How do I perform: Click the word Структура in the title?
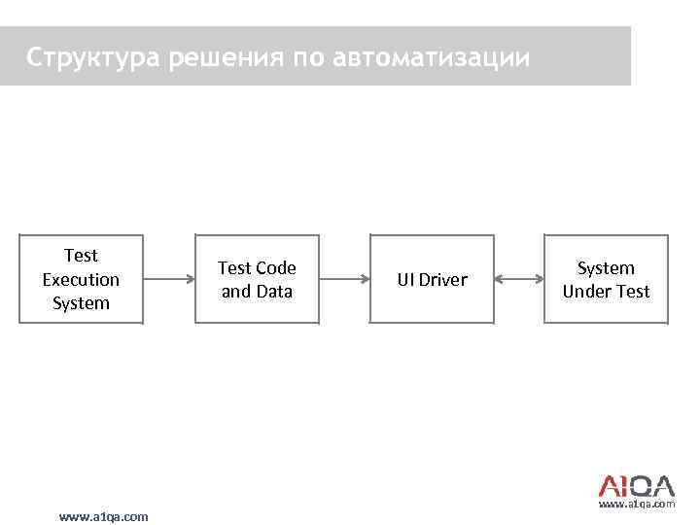(x=93, y=58)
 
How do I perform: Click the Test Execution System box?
(x=81, y=279)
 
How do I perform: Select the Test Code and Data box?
(x=257, y=279)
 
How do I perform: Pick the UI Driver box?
(x=432, y=279)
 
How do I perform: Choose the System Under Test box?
(x=606, y=279)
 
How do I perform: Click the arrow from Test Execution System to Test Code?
(x=168, y=279)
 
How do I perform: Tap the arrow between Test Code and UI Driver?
(x=343, y=279)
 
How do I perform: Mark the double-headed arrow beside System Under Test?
(x=519, y=279)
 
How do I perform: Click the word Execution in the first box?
(x=81, y=279)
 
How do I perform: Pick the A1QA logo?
(x=635, y=485)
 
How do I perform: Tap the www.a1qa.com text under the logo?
(x=637, y=506)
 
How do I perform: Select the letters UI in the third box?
(x=404, y=280)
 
